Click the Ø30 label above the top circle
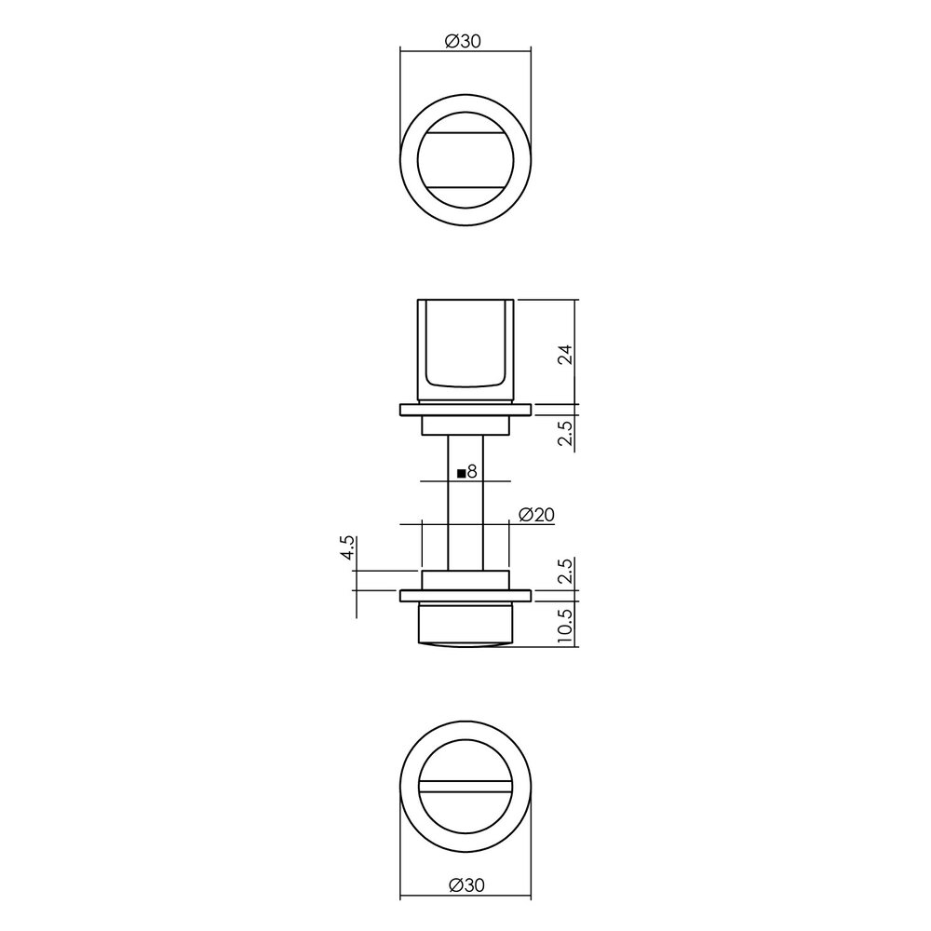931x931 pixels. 465,40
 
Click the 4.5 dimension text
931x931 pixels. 347,546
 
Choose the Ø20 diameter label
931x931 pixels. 537,514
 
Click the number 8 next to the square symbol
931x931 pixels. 472,472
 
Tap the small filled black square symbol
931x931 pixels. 461,473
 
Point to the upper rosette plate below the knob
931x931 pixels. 465,410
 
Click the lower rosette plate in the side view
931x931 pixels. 465,594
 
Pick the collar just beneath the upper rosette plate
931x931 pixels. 465,425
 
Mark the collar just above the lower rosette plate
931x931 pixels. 465,579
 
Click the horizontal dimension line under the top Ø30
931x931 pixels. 465,49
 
